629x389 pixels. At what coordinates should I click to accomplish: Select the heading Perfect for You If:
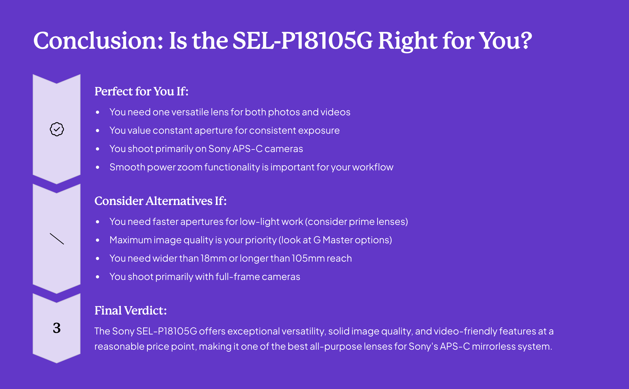pos(142,91)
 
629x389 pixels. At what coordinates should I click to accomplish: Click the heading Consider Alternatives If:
pos(160,201)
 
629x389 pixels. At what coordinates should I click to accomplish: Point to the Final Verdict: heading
pos(131,311)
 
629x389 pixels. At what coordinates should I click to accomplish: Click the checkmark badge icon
pos(57,129)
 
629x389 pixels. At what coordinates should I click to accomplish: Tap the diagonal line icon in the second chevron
pos(57,239)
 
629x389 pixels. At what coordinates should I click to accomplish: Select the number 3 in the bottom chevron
pos(57,328)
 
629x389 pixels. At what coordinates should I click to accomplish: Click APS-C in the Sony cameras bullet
pos(248,149)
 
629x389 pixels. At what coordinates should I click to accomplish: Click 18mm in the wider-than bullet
pos(214,258)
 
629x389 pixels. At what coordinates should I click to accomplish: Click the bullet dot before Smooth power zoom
pos(97,167)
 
